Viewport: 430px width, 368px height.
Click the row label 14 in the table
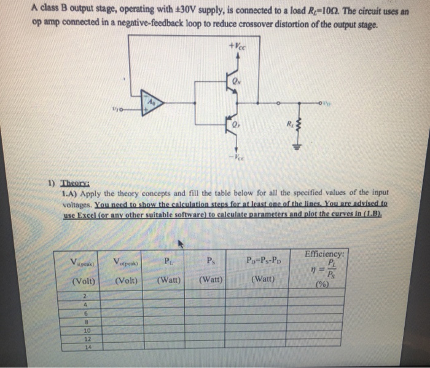coord(85,346)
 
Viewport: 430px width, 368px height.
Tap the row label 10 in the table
coord(85,330)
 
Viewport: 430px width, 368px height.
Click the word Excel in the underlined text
coord(93,215)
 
